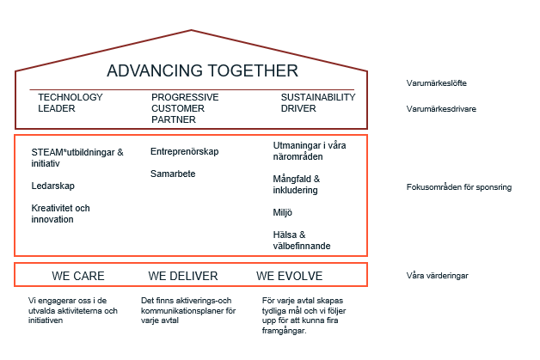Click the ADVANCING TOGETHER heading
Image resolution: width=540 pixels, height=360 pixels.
(203, 71)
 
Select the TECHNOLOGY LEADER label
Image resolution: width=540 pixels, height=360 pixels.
(71, 103)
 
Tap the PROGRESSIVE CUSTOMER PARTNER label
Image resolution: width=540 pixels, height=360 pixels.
(185, 108)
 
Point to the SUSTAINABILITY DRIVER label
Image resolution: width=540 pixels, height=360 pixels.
(318, 103)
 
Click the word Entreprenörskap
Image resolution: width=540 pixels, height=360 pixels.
(184, 152)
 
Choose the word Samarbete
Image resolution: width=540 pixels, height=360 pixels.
(173, 174)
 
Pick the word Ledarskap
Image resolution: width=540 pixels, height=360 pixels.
(52, 186)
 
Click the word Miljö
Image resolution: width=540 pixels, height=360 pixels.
(282, 213)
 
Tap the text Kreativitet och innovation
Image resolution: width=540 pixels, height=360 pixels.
(60, 214)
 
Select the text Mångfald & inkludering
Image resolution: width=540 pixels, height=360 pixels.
(296, 185)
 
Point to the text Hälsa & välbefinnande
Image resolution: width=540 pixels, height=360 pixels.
(302, 241)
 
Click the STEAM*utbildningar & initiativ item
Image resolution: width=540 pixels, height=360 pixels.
(77, 157)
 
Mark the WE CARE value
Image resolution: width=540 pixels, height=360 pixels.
(78, 276)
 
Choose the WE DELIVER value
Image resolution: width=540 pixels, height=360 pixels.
(183, 276)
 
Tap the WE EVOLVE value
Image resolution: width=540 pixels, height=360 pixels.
(289, 276)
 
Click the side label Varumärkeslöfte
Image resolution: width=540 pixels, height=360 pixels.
(436, 83)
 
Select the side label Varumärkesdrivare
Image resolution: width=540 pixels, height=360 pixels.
(441, 109)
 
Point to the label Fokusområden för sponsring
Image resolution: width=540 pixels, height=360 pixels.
(459, 187)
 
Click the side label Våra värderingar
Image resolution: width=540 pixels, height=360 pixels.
(438, 276)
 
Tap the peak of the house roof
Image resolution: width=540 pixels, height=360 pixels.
(191, 30)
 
